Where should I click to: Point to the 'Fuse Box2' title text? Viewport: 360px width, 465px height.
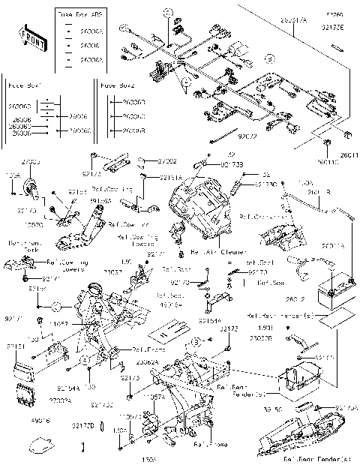(118, 86)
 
